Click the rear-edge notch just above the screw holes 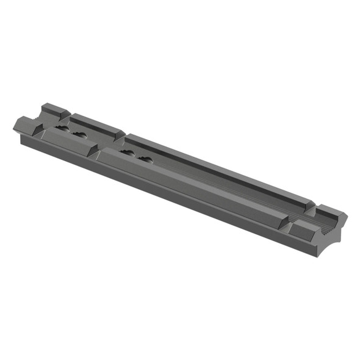coord(126,135)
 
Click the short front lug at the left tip coord(27,124)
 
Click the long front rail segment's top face coord(195,183)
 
